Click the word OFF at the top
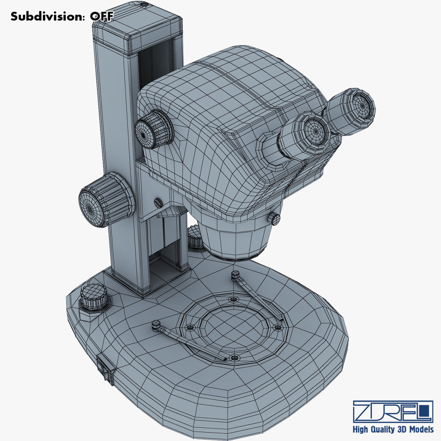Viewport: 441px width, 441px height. (x=102, y=17)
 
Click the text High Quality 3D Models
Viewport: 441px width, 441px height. (x=392, y=430)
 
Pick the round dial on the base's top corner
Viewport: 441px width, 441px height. (x=93, y=296)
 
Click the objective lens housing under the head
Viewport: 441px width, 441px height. (x=235, y=241)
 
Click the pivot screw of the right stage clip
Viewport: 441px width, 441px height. (x=236, y=273)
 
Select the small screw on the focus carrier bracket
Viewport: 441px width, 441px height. (x=158, y=202)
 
